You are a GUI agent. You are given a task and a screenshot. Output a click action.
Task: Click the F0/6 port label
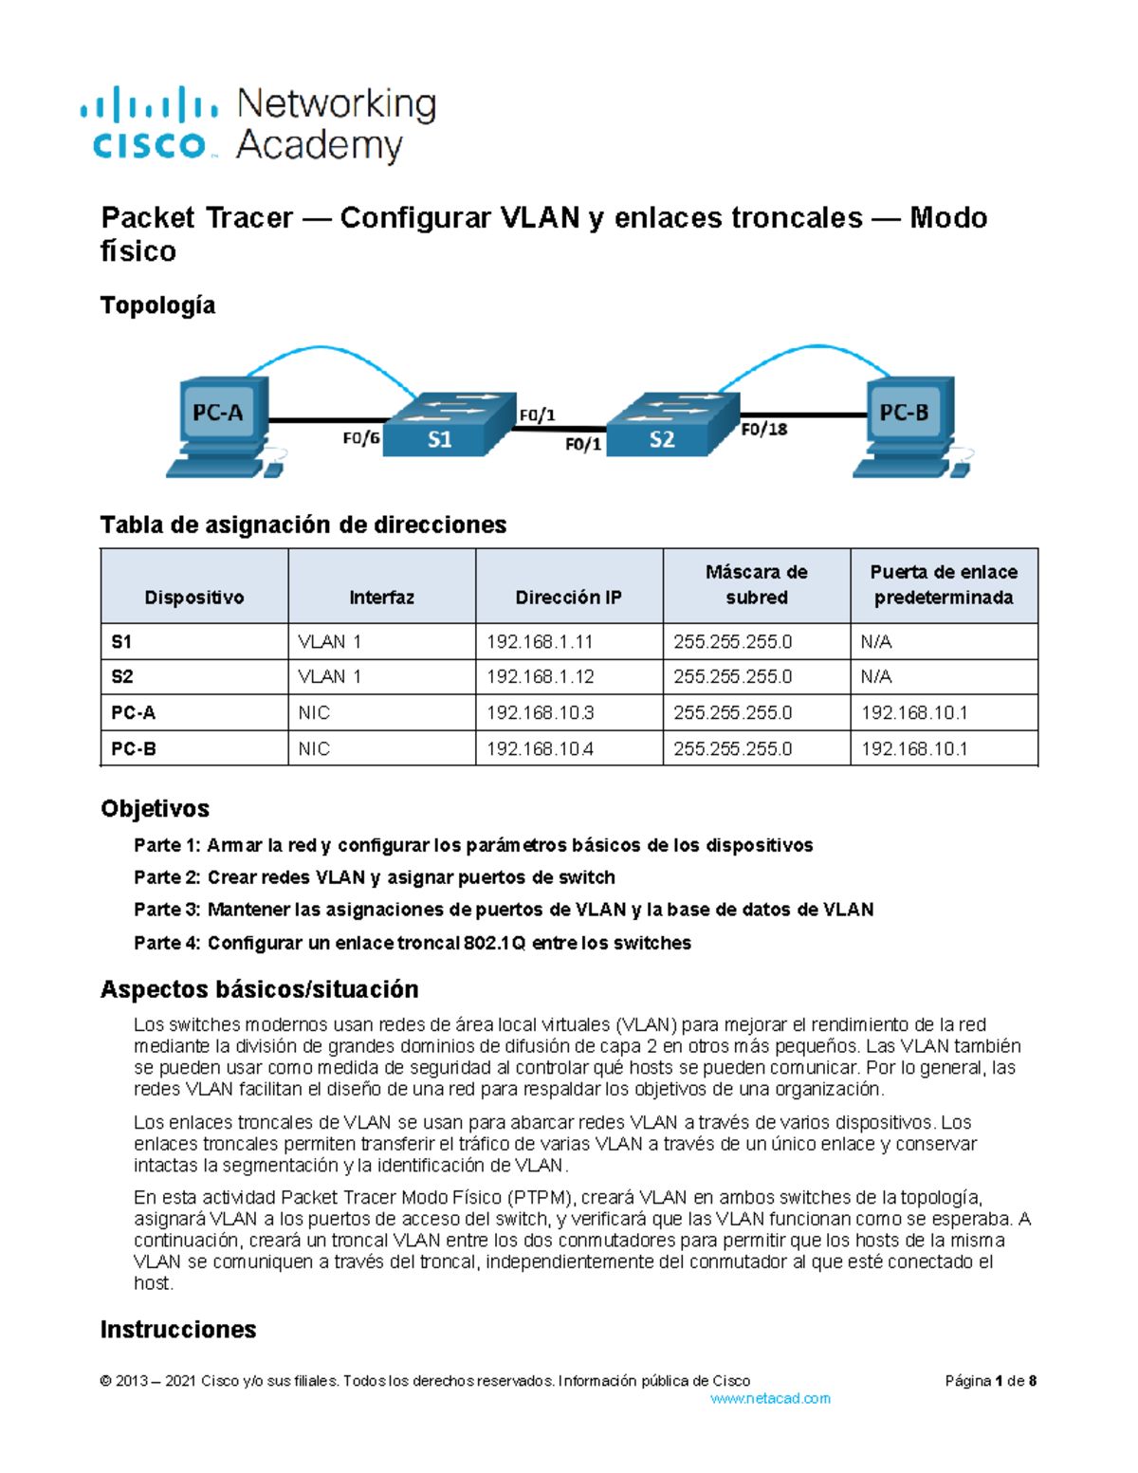pyautogui.click(x=360, y=438)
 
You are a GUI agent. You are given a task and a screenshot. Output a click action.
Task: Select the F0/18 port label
pyautogui.click(x=763, y=430)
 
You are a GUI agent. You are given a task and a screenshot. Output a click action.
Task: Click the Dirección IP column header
pyautogui.click(x=568, y=598)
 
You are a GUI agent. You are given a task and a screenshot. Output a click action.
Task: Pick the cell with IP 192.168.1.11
pyautogui.click(x=540, y=642)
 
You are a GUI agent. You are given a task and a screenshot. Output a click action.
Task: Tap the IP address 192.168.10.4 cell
pyautogui.click(x=540, y=748)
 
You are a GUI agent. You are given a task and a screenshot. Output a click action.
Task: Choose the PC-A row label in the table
pyautogui.click(x=134, y=712)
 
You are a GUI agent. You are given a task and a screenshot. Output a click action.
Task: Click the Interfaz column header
pyautogui.click(x=381, y=598)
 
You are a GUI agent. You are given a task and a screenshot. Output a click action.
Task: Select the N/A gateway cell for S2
pyautogui.click(x=876, y=677)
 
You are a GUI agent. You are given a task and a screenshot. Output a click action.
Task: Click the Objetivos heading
pyautogui.click(x=155, y=808)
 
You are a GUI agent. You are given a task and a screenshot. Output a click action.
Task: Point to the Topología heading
pyautogui.click(x=157, y=305)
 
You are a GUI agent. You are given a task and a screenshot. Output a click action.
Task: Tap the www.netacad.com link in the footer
pyautogui.click(x=770, y=1398)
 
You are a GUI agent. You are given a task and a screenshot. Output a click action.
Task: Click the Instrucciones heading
pyautogui.click(x=178, y=1330)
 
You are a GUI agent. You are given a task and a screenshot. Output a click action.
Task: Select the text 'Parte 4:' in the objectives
pyautogui.click(x=166, y=943)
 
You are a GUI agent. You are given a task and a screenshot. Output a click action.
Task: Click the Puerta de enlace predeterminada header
pyautogui.click(x=944, y=585)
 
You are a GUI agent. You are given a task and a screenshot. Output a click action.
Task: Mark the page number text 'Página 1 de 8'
pyautogui.click(x=990, y=1381)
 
